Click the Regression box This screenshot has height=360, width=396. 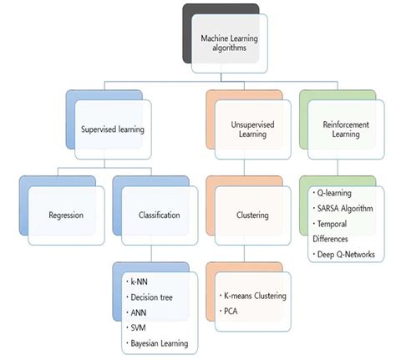point(64,215)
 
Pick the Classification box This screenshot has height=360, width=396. point(159,215)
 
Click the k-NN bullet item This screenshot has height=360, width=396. point(139,282)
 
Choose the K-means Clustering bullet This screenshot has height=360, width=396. point(254,296)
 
